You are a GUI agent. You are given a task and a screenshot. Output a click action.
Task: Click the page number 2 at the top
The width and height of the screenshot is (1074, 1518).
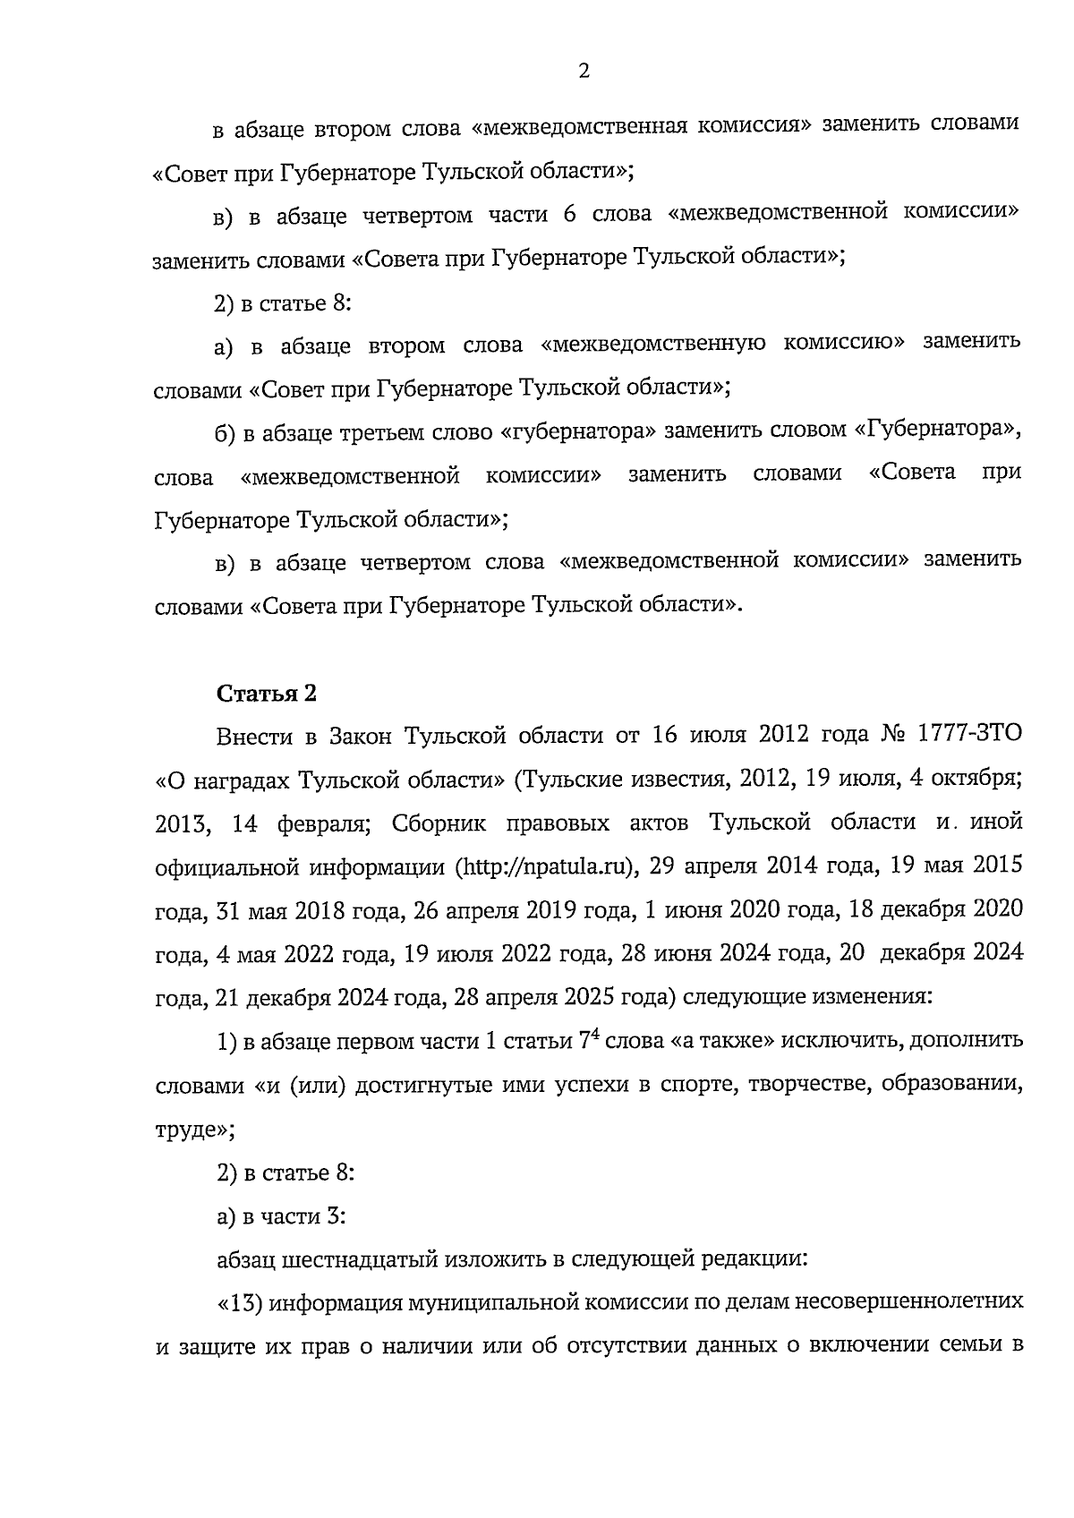click(x=584, y=72)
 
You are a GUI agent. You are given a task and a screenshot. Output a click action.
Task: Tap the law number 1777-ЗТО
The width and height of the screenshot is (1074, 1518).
click(x=969, y=736)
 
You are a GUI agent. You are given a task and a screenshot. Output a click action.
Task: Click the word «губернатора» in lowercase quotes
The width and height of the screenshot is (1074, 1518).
click(x=573, y=431)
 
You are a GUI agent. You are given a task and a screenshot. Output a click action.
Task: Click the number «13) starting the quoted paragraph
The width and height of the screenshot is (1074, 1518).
click(x=240, y=1302)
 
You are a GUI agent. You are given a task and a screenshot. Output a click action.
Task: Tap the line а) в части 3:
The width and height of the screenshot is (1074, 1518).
click(x=282, y=1216)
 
